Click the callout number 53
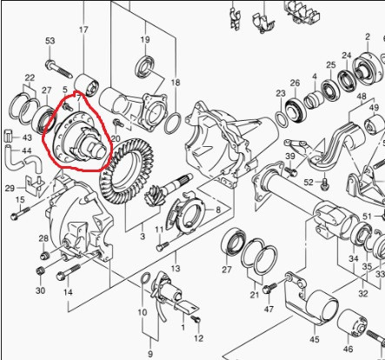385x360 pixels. (x=50, y=41)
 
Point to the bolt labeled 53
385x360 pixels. (x=58, y=69)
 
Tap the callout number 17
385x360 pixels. (x=83, y=30)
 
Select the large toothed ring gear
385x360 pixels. (x=127, y=171)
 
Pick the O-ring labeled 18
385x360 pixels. (x=173, y=123)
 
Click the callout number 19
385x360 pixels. (x=145, y=39)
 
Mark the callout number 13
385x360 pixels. (x=176, y=268)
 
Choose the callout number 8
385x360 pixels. (x=218, y=210)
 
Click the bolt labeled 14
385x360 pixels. (x=69, y=272)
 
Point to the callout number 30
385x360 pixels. (x=40, y=290)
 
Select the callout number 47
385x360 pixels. (x=269, y=309)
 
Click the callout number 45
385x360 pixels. (x=314, y=339)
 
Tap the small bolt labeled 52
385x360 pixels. (x=325, y=183)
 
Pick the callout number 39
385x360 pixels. (x=290, y=156)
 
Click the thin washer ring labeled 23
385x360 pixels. (x=281, y=118)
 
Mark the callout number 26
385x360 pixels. (x=295, y=83)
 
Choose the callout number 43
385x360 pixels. (x=27, y=137)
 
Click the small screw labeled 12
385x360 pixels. (x=196, y=319)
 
